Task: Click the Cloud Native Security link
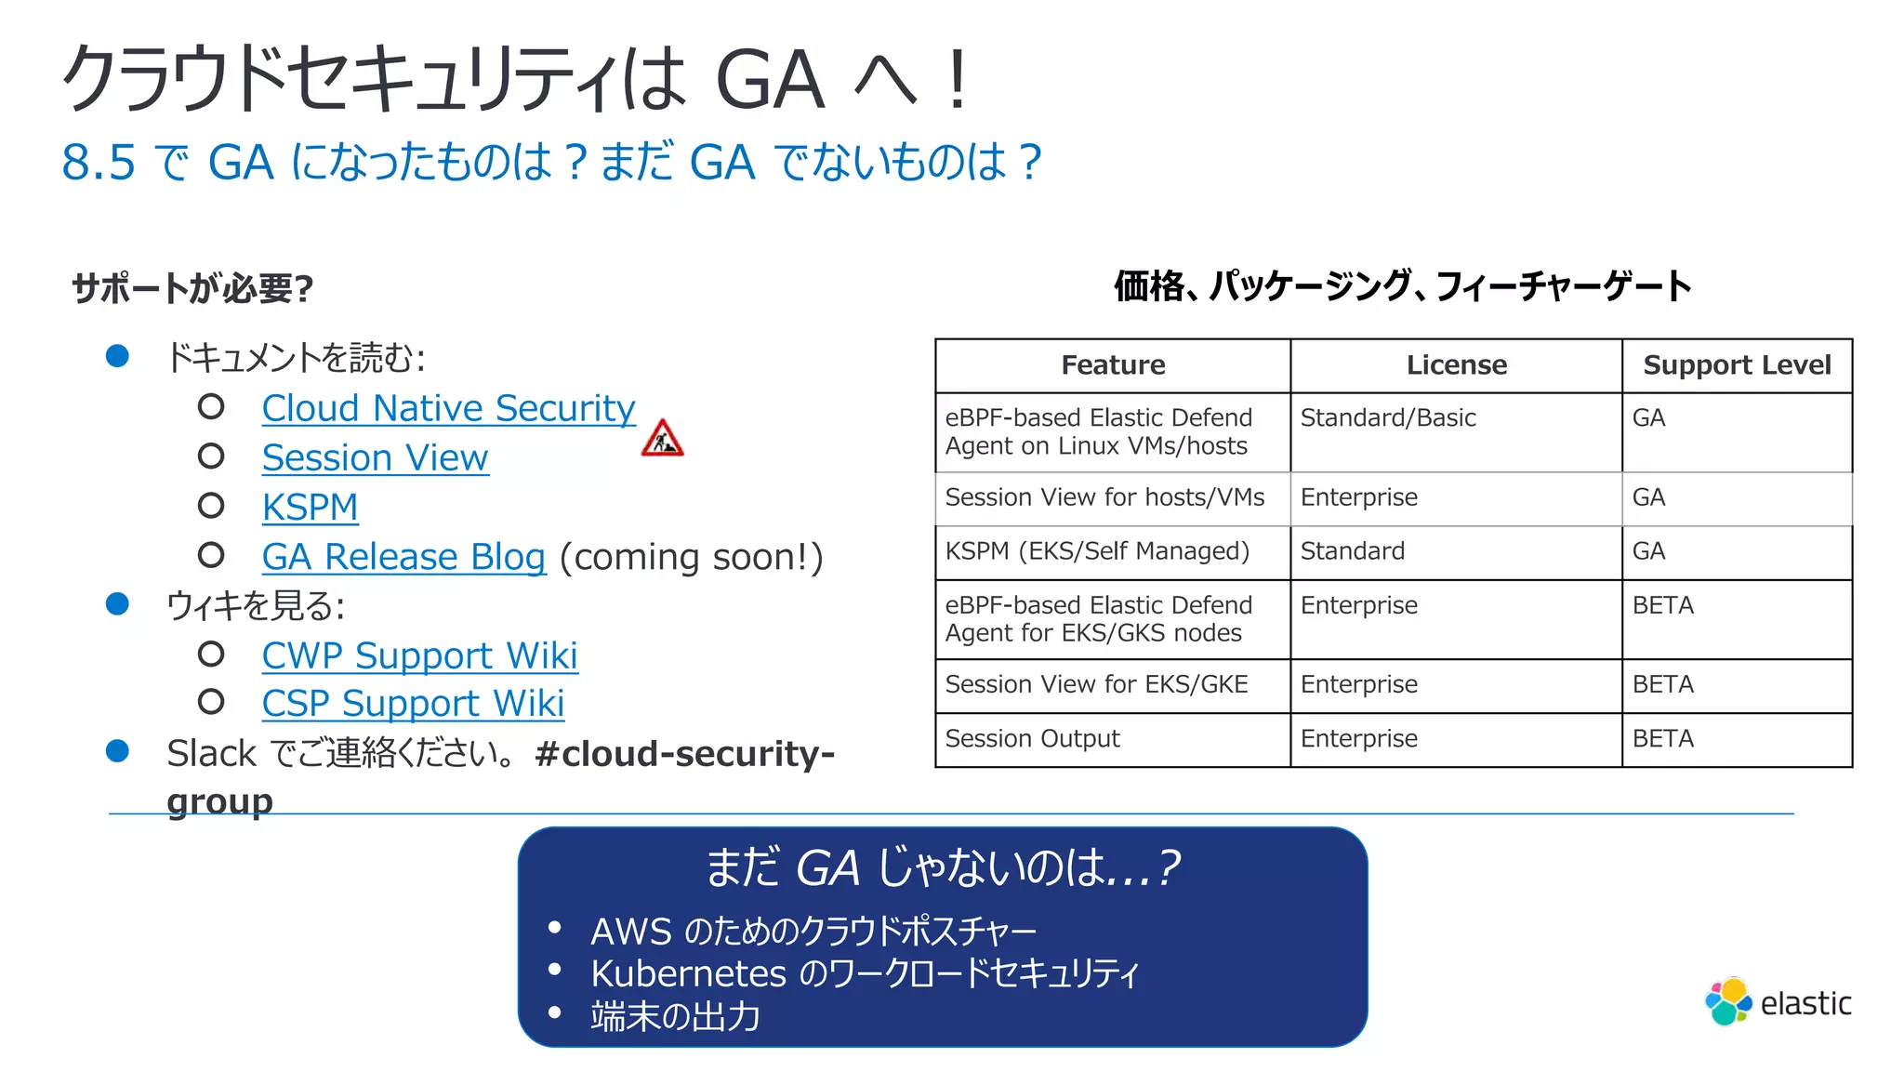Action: (x=448, y=409)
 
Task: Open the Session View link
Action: (x=375, y=458)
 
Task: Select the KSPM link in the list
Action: (x=310, y=508)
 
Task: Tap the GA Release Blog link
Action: (x=403, y=557)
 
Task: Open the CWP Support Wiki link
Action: (x=419, y=656)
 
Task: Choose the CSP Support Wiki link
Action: (x=413, y=705)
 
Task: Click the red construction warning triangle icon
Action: (x=662, y=439)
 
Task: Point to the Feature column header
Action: (x=1113, y=365)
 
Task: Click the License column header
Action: (x=1456, y=365)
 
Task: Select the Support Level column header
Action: (x=1737, y=365)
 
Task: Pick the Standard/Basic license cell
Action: (x=1388, y=418)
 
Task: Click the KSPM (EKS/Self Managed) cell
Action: (x=1097, y=551)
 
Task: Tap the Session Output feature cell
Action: (x=1032, y=739)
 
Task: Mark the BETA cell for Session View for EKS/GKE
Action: (x=1663, y=685)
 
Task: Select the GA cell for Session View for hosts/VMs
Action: (x=1648, y=497)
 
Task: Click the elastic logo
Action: (x=1778, y=1002)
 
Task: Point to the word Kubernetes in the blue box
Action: (x=688, y=973)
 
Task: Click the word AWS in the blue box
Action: (x=630, y=932)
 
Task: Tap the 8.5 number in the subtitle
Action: (x=99, y=163)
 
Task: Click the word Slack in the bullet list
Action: (x=211, y=754)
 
